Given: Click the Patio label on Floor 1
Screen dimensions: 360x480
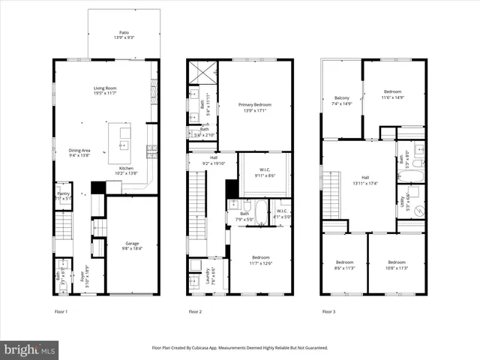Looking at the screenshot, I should tap(124, 33).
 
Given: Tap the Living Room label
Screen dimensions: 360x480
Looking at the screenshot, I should tap(104, 88).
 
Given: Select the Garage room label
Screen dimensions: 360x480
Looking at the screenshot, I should tap(131, 243).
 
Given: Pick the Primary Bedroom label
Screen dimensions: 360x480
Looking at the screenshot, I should tap(254, 104).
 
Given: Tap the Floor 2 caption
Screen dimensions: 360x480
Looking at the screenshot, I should tap(195, 311).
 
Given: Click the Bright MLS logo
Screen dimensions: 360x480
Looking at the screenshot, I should tap(30, 349).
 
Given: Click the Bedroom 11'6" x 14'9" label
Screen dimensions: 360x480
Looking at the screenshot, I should tap(393, 94).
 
